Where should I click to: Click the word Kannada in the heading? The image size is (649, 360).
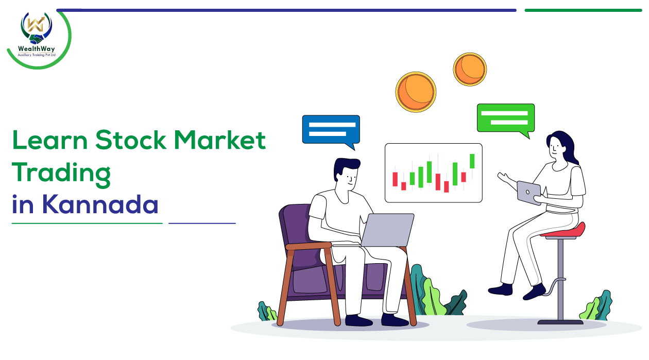point(100,204)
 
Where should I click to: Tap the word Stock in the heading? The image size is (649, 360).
point(131,140)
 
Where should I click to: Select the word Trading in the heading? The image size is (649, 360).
point(61,174)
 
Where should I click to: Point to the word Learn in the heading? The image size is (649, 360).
point(49,140)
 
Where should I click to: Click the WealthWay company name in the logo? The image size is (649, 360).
point(36,48)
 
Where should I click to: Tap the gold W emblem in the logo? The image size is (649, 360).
point(36,24)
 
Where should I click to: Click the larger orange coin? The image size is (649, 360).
point(416,92)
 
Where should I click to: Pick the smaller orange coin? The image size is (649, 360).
point(470,70)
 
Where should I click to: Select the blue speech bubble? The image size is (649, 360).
point(331,130)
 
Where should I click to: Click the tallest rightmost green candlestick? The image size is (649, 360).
point(472,161)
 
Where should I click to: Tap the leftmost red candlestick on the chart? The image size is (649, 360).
point(395,179)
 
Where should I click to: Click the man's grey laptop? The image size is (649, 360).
point(387,230)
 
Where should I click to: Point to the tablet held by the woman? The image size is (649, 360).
point(529,193)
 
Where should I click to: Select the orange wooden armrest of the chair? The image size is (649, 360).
point(309,246)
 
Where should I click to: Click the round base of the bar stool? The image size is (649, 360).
point(560,322)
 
